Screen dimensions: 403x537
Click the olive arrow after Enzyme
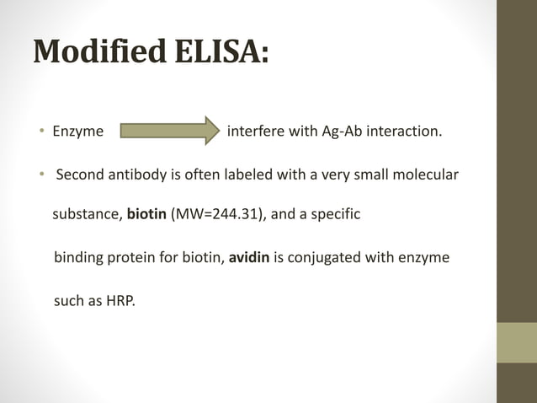pos(168,132)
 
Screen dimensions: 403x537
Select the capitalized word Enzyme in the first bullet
pos(78,132)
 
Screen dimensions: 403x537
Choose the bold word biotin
pos(146,215)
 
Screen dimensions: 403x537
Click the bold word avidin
pos(247,256)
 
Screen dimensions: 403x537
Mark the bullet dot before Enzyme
pos(40,132)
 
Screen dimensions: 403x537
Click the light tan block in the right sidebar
pos(516,342)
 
